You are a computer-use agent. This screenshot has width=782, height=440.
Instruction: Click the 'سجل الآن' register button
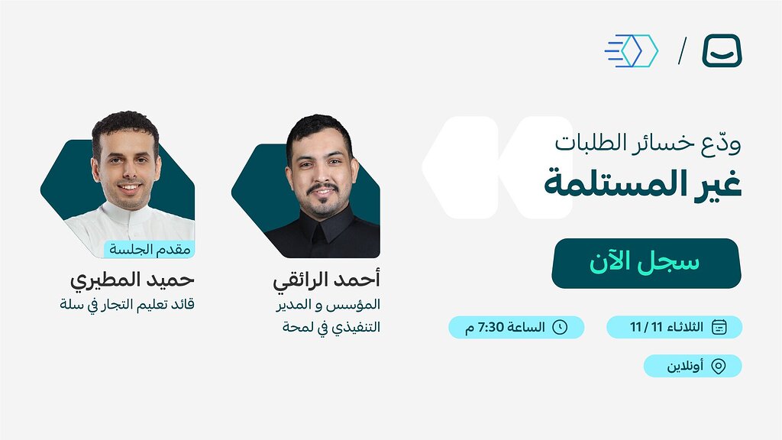coord(646,263)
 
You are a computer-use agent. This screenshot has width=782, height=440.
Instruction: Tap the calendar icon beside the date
coord(719,327)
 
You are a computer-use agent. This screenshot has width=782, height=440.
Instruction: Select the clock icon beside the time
coord(560,327)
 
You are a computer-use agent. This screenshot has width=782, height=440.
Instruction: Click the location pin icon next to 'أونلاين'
coord(718,366)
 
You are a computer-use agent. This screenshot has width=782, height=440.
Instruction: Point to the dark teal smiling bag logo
coord(722,50)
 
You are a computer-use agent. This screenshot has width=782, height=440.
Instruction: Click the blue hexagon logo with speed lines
coord(633,50)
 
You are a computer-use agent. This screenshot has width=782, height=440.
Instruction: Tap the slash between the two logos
coord(682,50)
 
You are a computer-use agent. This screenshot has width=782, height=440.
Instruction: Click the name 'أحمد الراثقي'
coord(327,280)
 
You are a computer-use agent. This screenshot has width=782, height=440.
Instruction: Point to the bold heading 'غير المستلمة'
coord(643,186)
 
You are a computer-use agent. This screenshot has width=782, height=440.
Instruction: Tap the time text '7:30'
coord(489,328)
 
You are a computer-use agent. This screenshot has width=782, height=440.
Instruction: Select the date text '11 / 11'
coord(645,328)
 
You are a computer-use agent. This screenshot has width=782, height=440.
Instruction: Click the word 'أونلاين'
coord(686,367)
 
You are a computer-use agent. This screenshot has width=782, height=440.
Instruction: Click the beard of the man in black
coord(321,202)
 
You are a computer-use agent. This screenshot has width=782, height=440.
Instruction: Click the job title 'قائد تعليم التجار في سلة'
coord(128,304)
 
